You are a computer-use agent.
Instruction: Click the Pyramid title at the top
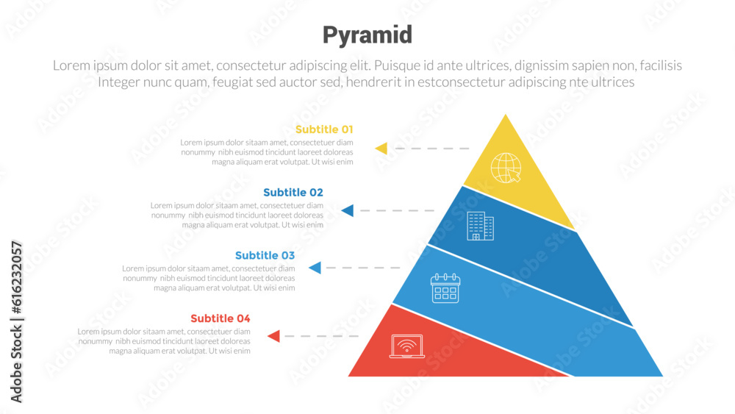(x=367, y=35)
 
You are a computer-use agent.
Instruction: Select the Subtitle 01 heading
(x=324, y=129)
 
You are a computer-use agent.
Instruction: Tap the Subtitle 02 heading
(x=293, y=193)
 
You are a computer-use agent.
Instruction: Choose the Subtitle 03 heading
(x=265, y=256)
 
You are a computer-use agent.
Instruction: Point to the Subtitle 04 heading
(x=220, y=318)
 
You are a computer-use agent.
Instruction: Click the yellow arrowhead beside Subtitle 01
(x=381, y=149)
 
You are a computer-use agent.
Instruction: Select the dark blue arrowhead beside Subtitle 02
(x=348, y=211)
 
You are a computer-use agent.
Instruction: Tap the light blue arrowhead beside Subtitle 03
(x=315, y=268)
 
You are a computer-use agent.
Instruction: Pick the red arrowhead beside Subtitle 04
(x=273, y=336)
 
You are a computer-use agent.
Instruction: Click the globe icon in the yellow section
(x=506, y=168)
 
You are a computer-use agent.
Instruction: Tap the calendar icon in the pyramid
(x=445, y=288)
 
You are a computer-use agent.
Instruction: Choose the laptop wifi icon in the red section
(x=407, y=346)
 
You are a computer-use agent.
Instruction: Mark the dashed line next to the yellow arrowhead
(x=431, y=149)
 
